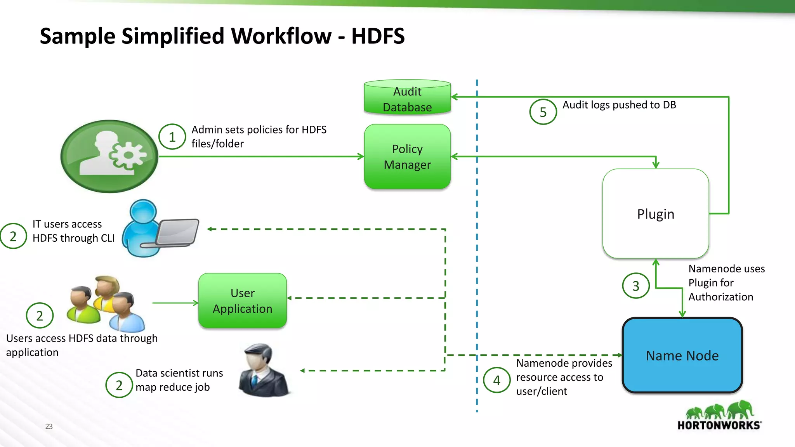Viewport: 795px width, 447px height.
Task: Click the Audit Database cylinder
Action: point(407,98)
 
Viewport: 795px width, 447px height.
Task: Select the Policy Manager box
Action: point(407,157)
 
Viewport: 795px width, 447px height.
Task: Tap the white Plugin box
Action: point(656,214)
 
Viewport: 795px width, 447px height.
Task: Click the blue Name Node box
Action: point(682,355)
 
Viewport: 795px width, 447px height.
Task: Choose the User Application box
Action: point(243,301)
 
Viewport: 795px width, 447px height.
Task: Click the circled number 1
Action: point(172,137)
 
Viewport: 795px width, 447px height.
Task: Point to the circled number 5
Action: point(543,112)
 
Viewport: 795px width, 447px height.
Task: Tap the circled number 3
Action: point(635,286)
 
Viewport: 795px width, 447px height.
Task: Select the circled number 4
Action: point(496,380)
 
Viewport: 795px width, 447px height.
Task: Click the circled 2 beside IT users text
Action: point(13,236)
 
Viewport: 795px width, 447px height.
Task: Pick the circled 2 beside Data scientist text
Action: point(119,385)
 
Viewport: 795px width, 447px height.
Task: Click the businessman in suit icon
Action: point(264,370)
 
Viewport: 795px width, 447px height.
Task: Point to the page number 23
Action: point(49,426)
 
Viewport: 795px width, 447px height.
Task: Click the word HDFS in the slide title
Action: point(378,36)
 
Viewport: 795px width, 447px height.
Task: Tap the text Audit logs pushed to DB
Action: point(619,105)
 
